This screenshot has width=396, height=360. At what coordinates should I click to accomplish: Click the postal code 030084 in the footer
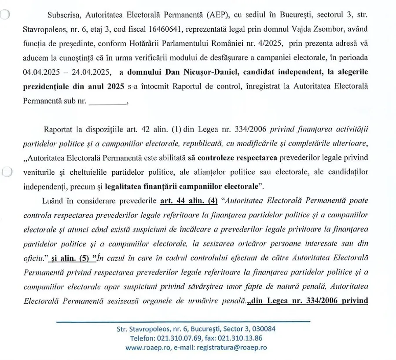[x=262, y=329]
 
